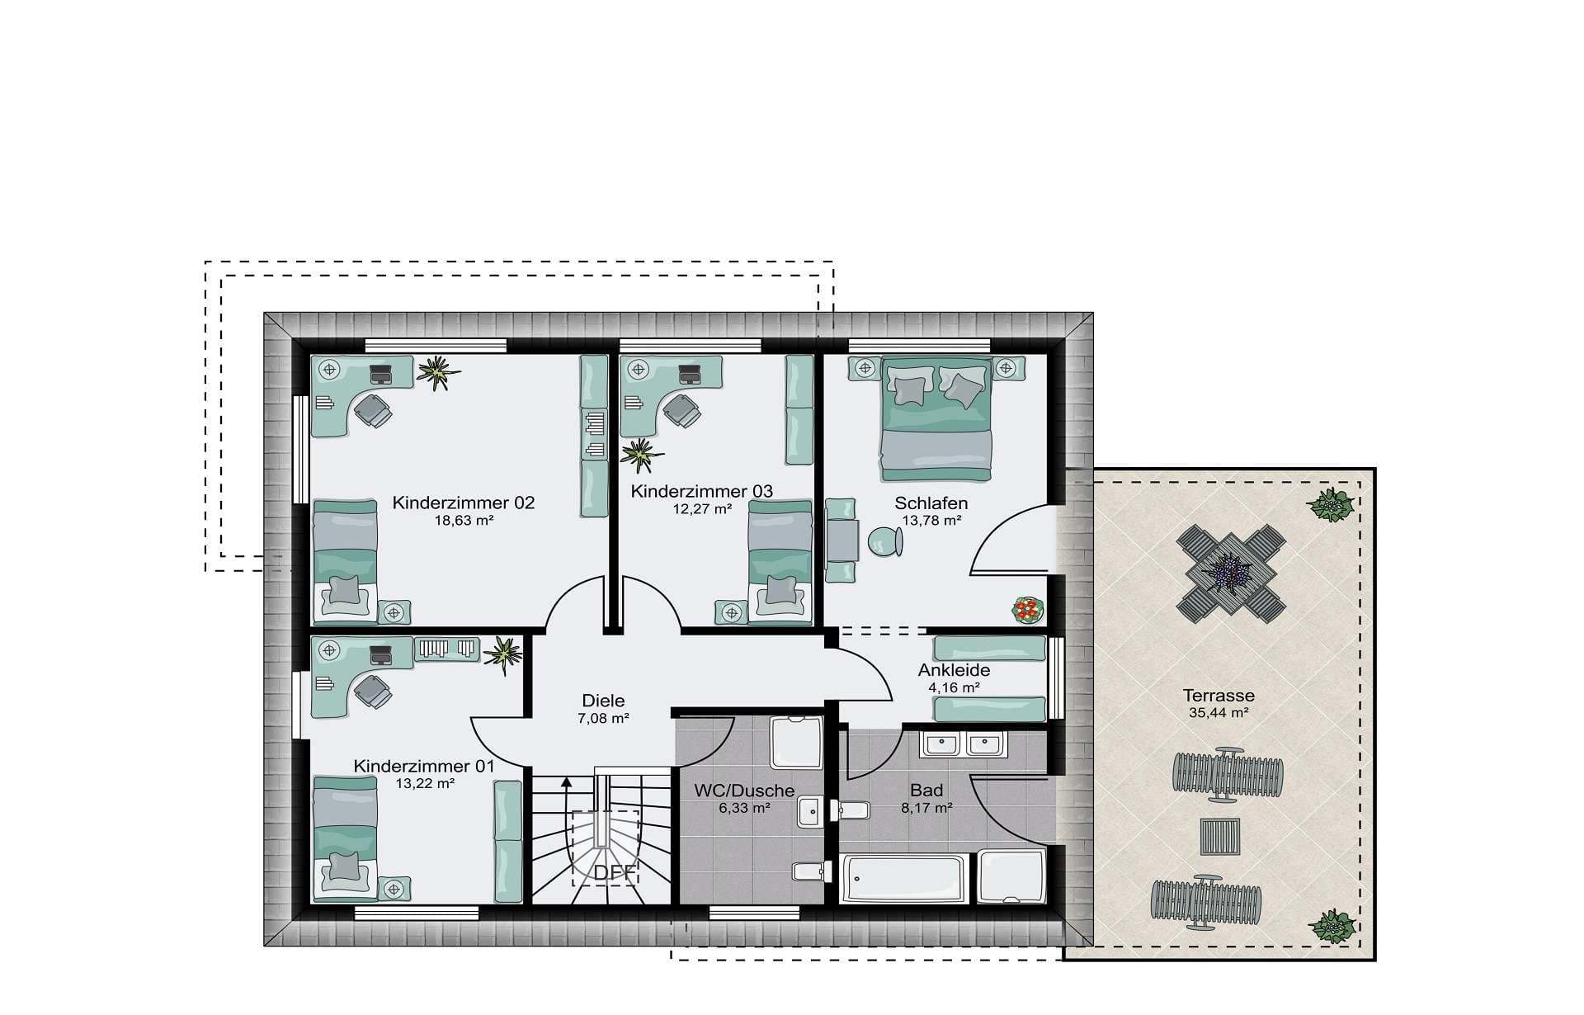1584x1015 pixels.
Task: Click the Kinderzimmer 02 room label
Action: click(x=463, y=503)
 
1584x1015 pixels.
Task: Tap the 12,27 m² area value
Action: click(x=702, y=509)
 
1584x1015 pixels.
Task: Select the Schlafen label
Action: click(x=931, y=503)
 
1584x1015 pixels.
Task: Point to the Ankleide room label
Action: click(x=954, y=670)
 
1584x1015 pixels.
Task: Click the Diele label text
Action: click(x=603, y=701)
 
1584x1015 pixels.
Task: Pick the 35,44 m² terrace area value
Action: click(x=1219, y=713)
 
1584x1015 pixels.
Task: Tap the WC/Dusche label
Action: click(x=744, y=791)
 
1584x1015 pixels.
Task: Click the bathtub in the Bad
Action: click(x=903, y=878)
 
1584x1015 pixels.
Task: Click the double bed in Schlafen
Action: click(x=936, y=418)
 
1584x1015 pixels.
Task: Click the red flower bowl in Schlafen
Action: click(x=1028, y=611)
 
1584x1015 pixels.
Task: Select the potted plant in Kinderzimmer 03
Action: click(x=641, y=454)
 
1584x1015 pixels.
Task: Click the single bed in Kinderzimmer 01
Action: click(x=345, y=837)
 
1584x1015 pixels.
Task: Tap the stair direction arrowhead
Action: click(x=566, y=782)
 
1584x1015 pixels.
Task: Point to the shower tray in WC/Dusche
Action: click(x=796, y=744)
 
